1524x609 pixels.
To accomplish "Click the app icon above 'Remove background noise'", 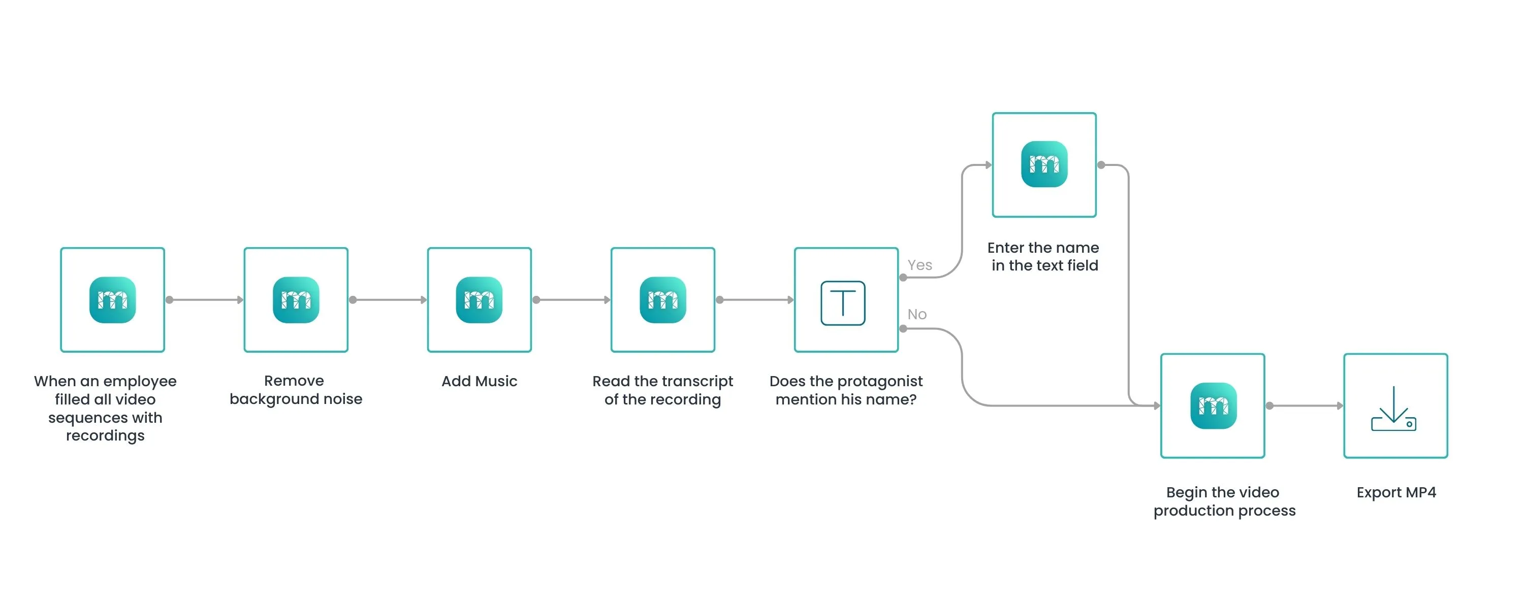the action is tap(296, 300).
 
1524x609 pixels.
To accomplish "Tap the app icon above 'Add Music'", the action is tap(479, 300).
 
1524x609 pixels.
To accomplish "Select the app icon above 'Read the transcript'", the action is tap(662, 300).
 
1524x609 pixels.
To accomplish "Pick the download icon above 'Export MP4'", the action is tap(1394, 408).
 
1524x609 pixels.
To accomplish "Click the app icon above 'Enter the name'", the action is tap(1044, 164).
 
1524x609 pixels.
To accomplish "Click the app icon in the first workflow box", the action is tap(112, 300).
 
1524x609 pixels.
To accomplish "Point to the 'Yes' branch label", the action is tap(919, 265).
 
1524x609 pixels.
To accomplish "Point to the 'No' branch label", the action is tap(917, 314).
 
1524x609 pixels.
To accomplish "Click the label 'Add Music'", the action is tap(479, 381).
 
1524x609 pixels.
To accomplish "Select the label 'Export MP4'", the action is tap(1396, 492).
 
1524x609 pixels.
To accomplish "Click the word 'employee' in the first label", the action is tap(140, 381).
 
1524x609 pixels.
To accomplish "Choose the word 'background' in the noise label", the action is tap(266, 399).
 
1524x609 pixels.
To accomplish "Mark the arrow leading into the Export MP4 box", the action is tap(1305, 405).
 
